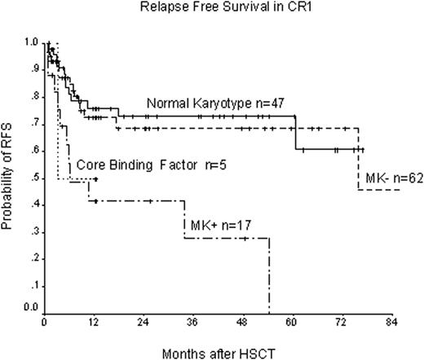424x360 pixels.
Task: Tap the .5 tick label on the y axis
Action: pyautogui.click(x=33, y=178)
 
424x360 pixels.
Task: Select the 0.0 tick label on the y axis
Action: pyautogui.click(x=31, y=307)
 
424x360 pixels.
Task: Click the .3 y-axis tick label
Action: pyautogui.click(x=33, y=231)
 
